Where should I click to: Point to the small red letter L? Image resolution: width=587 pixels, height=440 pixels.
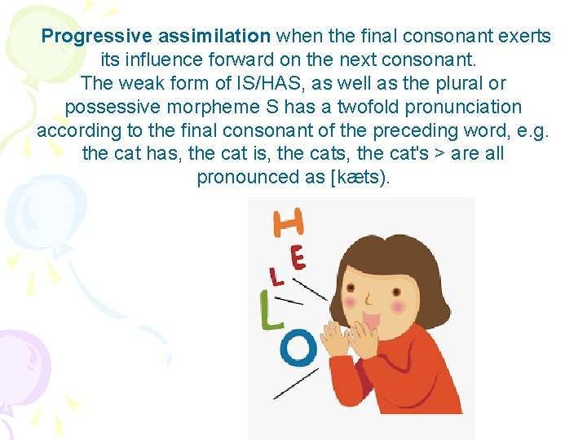pos(277,276)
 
